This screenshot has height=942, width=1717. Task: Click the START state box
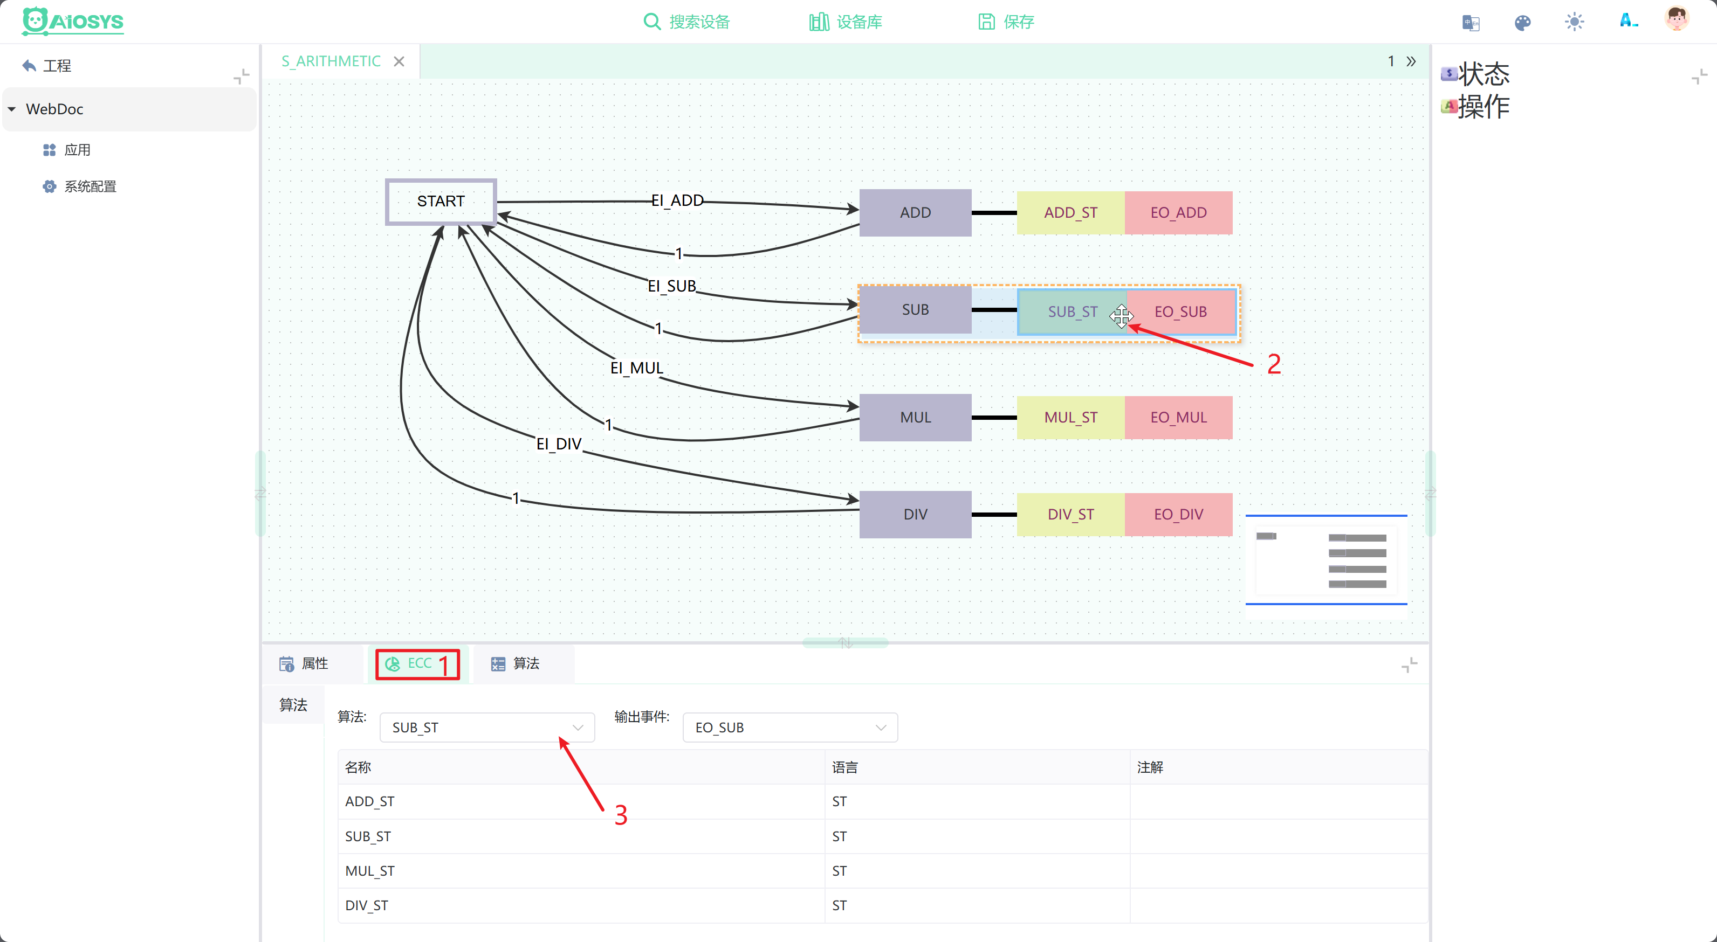(441, 201)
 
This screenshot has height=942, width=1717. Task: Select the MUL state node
(915, 417)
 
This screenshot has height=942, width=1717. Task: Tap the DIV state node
(915, 514)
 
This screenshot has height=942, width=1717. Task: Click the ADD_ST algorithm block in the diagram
(1070, 212)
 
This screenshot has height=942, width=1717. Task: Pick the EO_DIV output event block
(1178, 514)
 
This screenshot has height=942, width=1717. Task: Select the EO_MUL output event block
(1178, 417)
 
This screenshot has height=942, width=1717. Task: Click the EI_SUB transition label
(672, 286)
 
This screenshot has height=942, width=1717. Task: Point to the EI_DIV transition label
(559, 444)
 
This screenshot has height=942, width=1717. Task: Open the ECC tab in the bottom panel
(418, 663)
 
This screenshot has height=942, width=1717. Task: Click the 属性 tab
(304, 663)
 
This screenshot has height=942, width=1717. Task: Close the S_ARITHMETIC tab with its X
(399, 61)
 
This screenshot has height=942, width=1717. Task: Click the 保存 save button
(1006, 22)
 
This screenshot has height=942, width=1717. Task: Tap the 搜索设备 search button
(686, 22)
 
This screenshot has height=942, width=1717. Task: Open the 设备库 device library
(845, 22)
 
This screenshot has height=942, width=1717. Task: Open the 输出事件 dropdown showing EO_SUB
(790, 728)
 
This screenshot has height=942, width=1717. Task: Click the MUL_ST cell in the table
(370, 871)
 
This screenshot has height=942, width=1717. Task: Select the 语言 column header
(844, 767)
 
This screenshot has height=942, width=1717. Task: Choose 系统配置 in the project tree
(90, 186)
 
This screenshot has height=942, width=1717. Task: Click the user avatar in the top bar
(1677, 19)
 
